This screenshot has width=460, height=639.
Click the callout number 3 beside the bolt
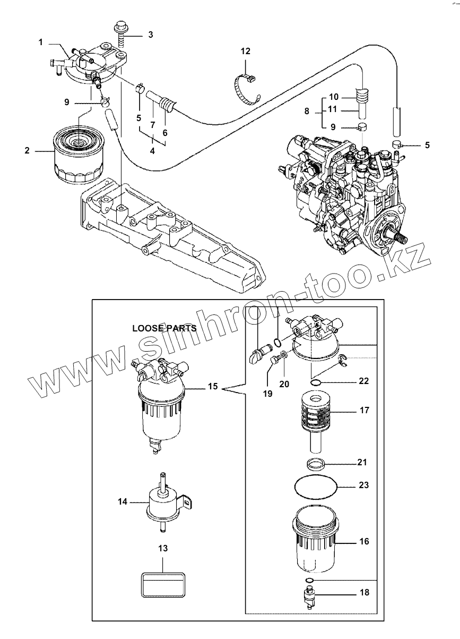(x=151, y=35)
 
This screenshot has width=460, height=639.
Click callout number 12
(x=245, y=52)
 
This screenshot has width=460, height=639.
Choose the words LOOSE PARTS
(x=164, y=328)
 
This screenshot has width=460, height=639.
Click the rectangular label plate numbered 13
(x=163, y=586)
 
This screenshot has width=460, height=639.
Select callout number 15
(x=212, y=387)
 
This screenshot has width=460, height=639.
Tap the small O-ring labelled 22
(x=316, y=382)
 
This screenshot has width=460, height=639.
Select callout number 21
(x=362, y=462)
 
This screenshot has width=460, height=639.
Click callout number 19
(x=267, y=394)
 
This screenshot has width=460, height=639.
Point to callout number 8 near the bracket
(x=306, y=113)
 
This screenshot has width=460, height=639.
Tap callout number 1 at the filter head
(x=40, y=42)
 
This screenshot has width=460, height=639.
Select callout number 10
(x=333, y=97)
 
